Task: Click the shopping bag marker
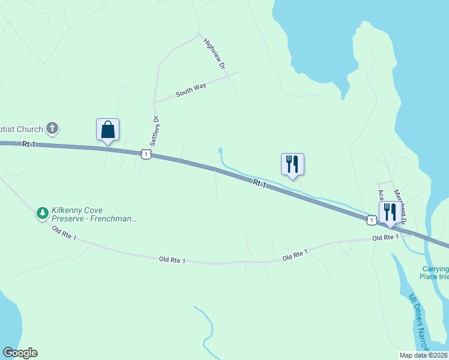click(x=107, y=130)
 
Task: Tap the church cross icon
click(x=53, y=128)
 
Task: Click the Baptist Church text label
click(x=22, y=129)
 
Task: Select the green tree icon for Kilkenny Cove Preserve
click(x=43, y=212)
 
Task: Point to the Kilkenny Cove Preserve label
click(x=94, y=214)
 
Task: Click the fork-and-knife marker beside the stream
click(x=292, y=164)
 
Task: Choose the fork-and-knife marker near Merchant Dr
click(x=390, y=212)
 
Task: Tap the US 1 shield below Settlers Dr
click(x=145, y=155)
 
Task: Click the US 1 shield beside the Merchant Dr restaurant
click(x=372, y=221)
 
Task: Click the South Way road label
click(x=191, y=91)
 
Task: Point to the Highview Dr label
click(x=214, y=54)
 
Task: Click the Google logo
click(x=20, y=353)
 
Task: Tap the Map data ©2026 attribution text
click(x=424, y=355)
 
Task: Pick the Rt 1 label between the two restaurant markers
click(x=259, y=184)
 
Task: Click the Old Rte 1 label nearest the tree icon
click(x=64, y=233)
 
